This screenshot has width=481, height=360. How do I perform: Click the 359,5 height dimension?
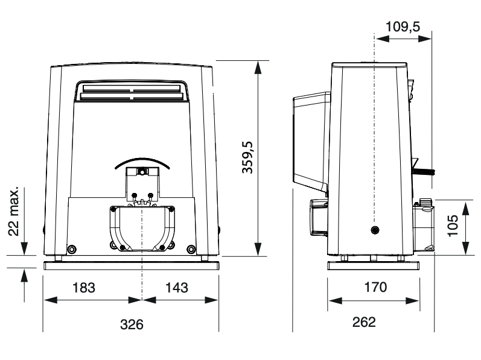tap(247, 157)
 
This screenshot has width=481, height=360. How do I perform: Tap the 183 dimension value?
tap(84, 288)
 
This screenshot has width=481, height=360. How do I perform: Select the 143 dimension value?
tap(177, 288)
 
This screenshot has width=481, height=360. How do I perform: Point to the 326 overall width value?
tap(132, 324)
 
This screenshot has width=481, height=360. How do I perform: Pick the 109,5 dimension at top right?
tap(403, 27)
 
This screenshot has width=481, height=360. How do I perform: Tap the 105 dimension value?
tap(453, 226)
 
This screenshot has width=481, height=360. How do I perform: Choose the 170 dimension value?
tap(375, 288)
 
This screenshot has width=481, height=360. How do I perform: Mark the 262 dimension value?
tap(364, 322)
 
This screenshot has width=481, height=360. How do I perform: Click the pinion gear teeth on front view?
tap(142, 203)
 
